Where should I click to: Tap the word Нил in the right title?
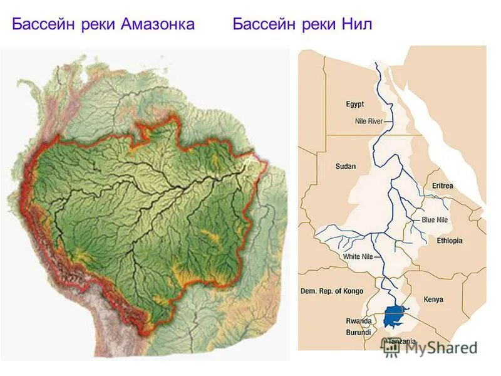pos(358,24)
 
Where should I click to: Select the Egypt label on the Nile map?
pos(354,104)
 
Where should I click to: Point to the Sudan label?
pos(345,166)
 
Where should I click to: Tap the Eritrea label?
pos(442,186)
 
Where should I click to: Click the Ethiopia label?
pos(449,241)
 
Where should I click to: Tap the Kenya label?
pos(433,300)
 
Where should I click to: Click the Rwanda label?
pos(359,321)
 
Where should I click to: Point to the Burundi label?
pos(359,332)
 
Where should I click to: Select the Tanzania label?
pos(401,342)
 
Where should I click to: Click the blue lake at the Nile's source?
pos(395,316)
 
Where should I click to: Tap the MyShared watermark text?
pos(438,348)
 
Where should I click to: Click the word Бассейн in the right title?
pos(262,24)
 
